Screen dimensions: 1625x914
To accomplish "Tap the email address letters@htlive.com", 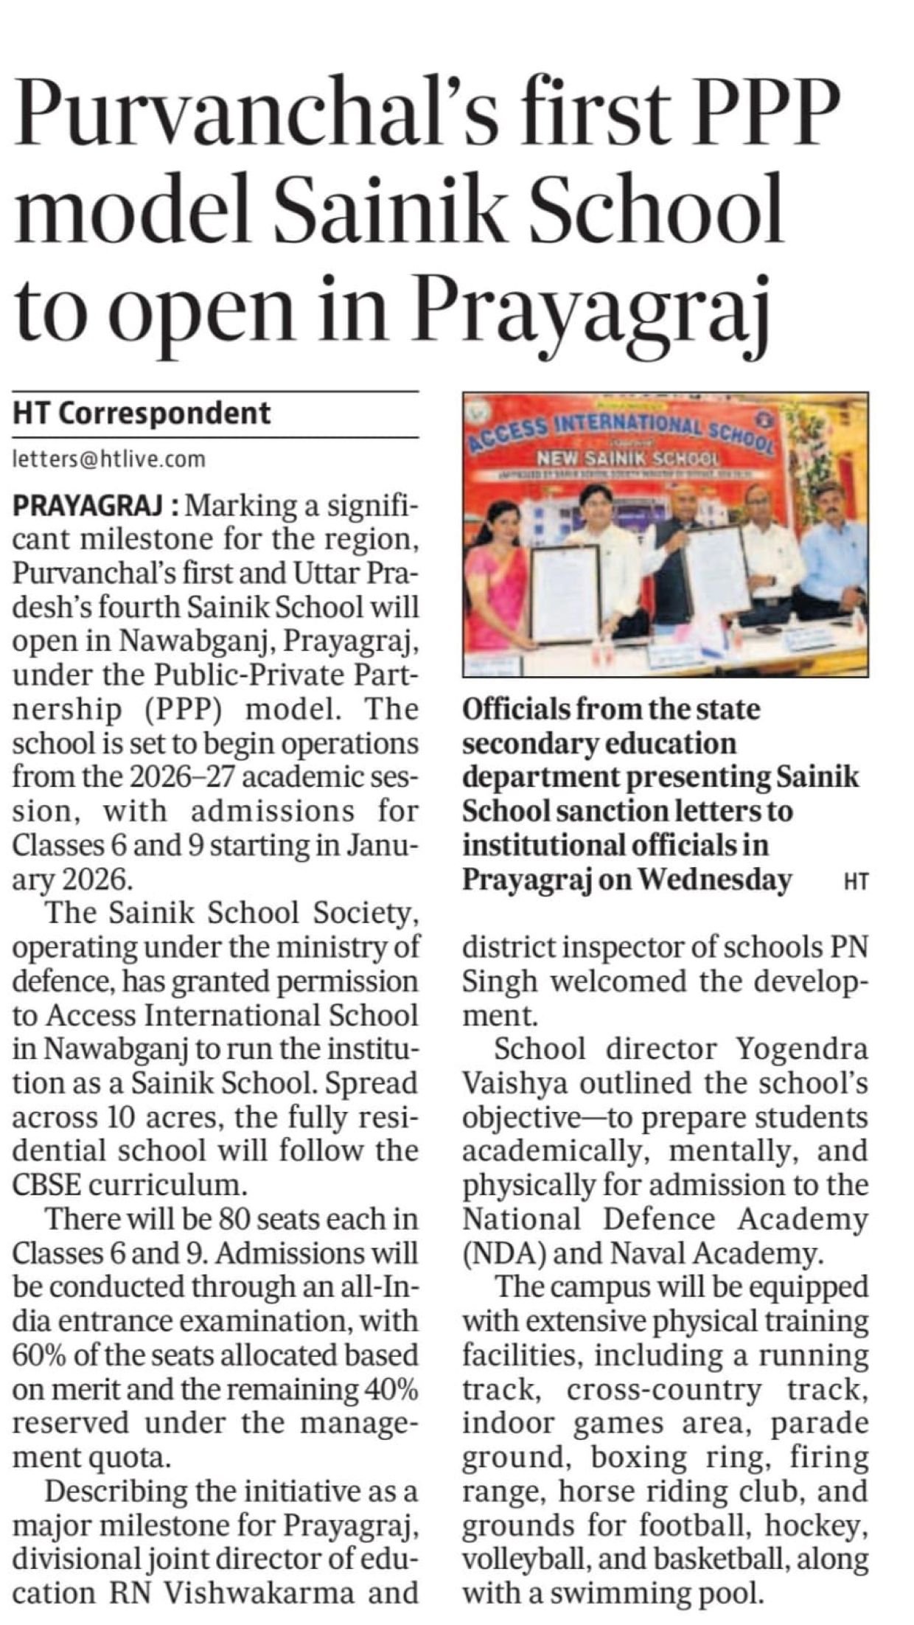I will tap(109, 459).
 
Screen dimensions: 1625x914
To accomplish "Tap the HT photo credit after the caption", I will tap(854, 880).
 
